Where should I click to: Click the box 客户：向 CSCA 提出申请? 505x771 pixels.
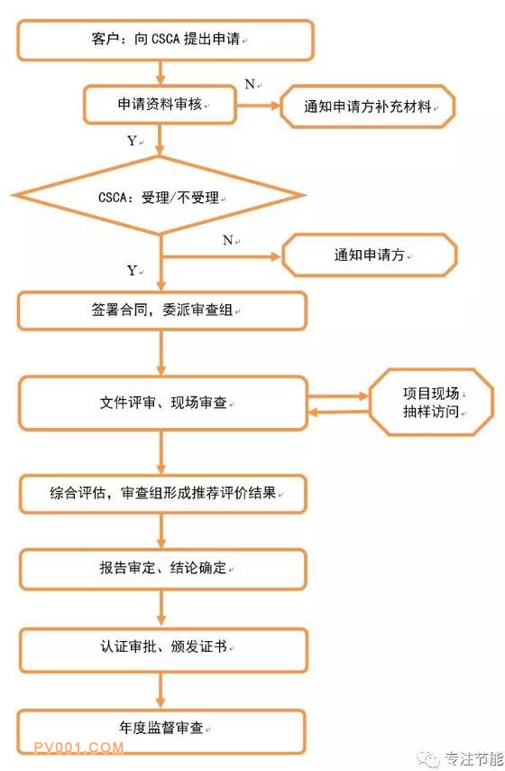pyautogui.click(x=165, y=40)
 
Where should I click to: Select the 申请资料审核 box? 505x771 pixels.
pyautogui.click(x=160, y=104)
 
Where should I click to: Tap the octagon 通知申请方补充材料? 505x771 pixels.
pyautogui.click(x=367, y=107)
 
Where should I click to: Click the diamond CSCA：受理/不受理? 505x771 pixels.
pyautogui.click(x=159, y=196)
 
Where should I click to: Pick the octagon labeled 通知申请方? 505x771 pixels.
pyautogui.click(x=369, y=255)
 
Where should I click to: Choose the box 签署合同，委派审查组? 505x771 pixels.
pyautogui.click(x=162, y=311)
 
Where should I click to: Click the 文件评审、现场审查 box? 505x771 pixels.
pyautogui.click(x=163, y=404)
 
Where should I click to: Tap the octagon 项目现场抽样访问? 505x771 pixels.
pyautogui.click(x=431, y=403)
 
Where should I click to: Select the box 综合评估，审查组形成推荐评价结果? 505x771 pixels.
pyautogui.click(x=163, y=493)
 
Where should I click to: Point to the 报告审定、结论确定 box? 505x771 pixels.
pyautogui.click(x=163, y=569)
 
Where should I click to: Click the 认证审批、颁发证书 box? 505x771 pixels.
pyautogui.click(x=163, y=646)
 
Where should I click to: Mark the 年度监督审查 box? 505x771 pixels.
pyautogui.click(x=161, y=730)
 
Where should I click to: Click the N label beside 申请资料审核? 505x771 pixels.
pyautogui.click(x=250, y=85)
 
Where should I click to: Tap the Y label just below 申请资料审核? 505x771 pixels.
pyautogui.click(x=132, y=141)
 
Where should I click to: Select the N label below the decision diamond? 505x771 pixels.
pyautogui.click(x=227, y=240)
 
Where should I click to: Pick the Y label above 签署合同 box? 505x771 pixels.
pyautogui.click(x=132, y=271)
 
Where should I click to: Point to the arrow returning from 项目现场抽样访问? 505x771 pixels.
pyautogui.click(x=338, y=412)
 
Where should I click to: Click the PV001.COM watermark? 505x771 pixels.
pyautogui.click(x=78, y=748)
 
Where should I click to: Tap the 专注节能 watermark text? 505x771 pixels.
pyautogui.click(x=474, y=758)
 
